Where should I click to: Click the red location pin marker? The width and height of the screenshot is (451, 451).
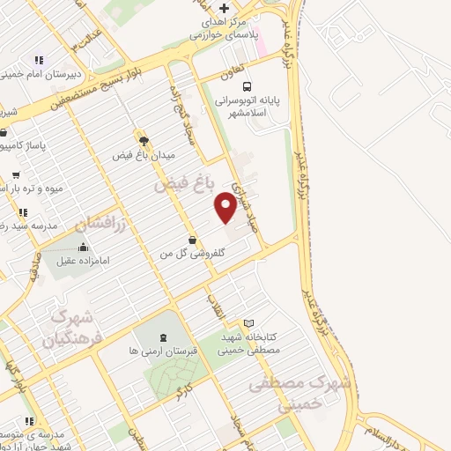(x=226, y=206)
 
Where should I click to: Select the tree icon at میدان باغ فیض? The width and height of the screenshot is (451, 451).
(x=144, y=139)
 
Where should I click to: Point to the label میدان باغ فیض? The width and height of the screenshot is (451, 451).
(x=144, y=155)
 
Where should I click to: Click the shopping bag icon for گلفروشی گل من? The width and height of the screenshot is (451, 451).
(x=192, y=240)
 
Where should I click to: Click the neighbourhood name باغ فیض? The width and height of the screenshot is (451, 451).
(x=185, y=185)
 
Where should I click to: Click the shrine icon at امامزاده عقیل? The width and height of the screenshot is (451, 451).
(x=83, y=247)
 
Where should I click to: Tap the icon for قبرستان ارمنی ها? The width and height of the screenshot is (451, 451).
(x=162, y=337)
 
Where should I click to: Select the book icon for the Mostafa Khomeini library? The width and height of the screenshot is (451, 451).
(x=248, y=323)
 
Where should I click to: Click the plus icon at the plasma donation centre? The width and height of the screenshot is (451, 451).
(x=225, y=9)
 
